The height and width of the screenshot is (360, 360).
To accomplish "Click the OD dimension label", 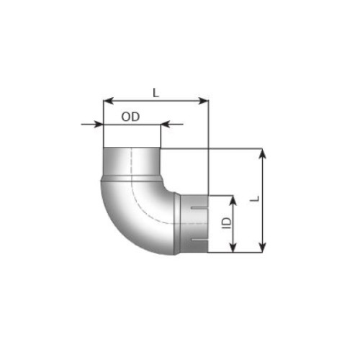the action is coord(130,117).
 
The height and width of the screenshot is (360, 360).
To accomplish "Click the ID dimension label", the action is coord(226,223).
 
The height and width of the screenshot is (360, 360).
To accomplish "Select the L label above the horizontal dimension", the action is coord(156,93).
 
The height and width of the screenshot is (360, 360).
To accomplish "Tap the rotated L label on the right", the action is coord(256,199).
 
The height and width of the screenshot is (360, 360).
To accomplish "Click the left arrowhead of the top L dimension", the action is coord(108,101).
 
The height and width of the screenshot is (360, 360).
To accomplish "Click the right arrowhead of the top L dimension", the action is coord(203,101).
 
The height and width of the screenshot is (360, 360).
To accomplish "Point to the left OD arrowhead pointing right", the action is coord(99,124).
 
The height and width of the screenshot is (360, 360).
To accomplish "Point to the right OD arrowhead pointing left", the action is coord(165,124).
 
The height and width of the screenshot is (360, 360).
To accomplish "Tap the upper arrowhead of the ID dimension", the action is coord(233,201).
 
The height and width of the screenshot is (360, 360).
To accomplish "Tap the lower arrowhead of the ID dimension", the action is coord(233,248).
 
